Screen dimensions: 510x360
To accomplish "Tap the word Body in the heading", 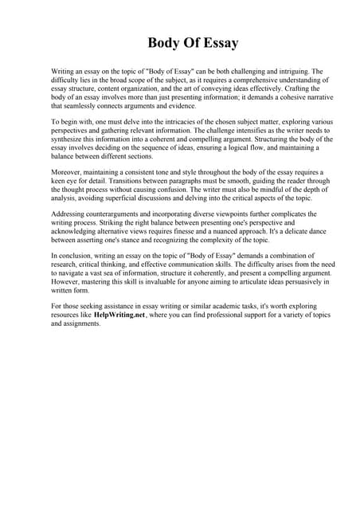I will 165,42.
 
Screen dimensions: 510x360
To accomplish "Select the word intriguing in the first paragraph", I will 282,71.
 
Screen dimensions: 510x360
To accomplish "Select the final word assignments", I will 81,324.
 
